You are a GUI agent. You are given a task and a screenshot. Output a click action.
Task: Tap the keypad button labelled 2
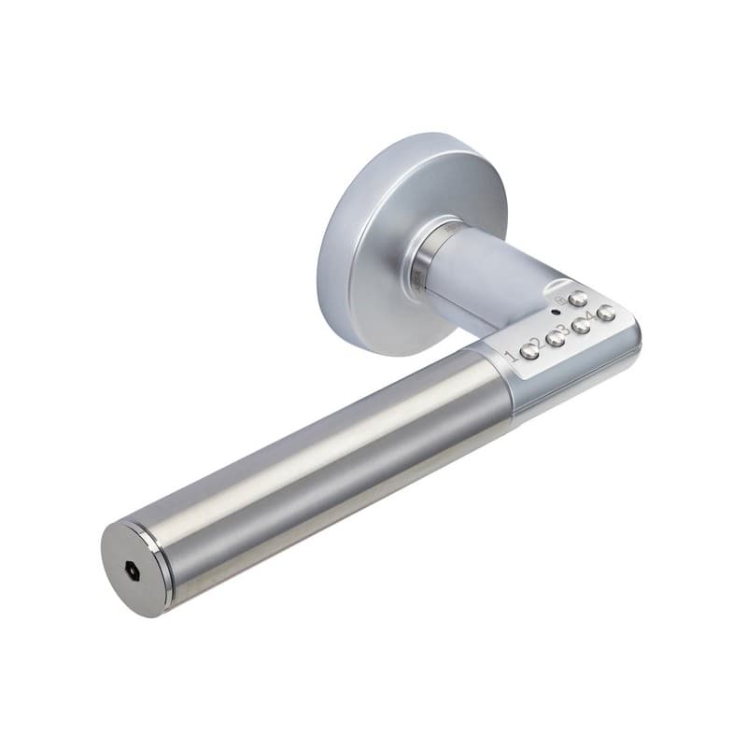coord(555,338)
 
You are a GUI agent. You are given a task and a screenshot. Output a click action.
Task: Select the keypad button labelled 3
coord(581,326)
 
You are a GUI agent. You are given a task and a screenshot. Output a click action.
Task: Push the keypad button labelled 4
coord(606,313)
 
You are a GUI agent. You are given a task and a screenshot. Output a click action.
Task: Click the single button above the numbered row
coord(578,298)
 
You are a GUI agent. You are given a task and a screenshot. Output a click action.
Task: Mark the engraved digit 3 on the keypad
coord(566,329)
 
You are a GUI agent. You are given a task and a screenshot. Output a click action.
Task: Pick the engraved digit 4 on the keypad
coord(592,317)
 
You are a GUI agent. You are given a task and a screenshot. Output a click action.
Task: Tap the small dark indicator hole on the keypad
coord(555,312)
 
